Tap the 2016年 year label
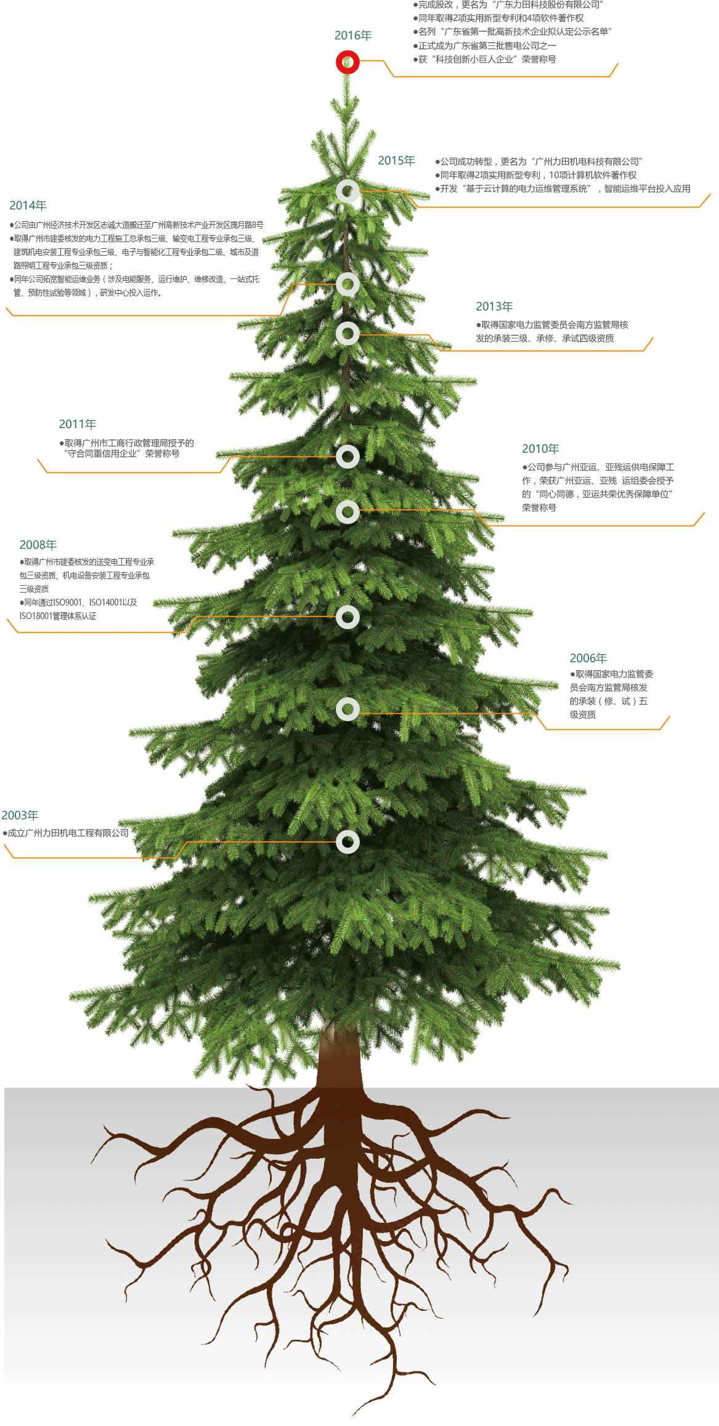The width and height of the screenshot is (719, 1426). pyautogui.click(x=353, y=36)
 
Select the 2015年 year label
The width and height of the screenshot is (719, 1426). pyautogui.click(x=396, y=161)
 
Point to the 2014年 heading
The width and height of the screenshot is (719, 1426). pyautogui.click(x=28, y=206)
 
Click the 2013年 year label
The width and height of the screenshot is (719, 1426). pyautogui.click(x=494, y=307)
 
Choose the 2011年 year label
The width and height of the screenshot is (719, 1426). pyautogui.click(x=78, y=424)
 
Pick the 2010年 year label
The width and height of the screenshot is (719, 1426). pyautogui.click(x=540, y=449)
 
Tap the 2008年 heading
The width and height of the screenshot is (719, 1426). pyautogui.click(x=38, y=545)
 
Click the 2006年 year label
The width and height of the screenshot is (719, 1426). pyautogui.click(x=588, y=658)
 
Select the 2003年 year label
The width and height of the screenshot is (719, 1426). pyautogui.click(x=20, y=816)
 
